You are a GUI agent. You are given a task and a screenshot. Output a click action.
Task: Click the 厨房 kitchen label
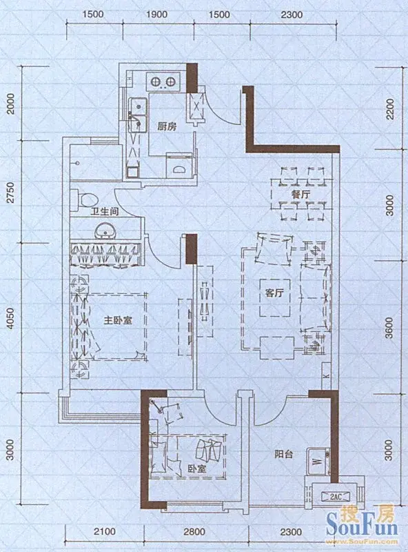pyautogui.click(x=167, y=126)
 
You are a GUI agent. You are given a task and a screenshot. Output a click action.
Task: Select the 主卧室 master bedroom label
pyautogui.click(x=118, y=321)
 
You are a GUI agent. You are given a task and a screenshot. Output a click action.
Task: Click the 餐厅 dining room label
pyautogui.click(x=299, y=195)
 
